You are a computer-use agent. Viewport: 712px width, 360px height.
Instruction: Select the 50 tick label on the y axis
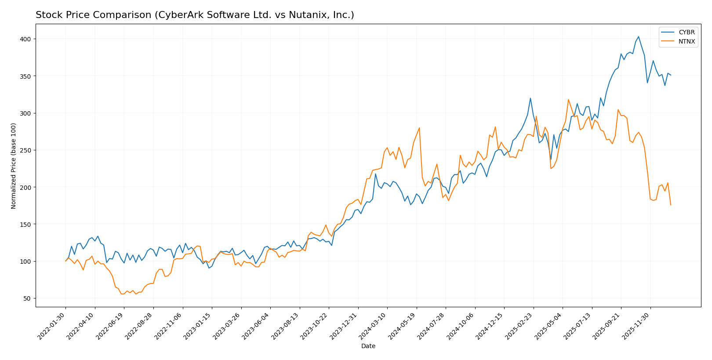pos(27,298)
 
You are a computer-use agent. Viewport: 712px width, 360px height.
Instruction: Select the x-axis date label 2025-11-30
pos(637,327)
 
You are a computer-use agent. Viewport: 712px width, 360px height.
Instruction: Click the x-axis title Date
pos(368,346)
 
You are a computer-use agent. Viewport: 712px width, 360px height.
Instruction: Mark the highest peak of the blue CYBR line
pos(638,37)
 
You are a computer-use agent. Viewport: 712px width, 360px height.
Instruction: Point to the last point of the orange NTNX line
pos(671,205)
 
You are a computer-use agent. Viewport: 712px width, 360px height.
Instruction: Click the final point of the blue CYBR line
pos(671,75)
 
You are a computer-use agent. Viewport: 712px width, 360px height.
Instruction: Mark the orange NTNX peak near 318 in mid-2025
pos(568,100)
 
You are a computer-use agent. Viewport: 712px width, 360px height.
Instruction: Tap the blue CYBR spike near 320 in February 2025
pos(530,98)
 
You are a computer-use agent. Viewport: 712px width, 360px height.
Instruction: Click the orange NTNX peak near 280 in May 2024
pos(419,128)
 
